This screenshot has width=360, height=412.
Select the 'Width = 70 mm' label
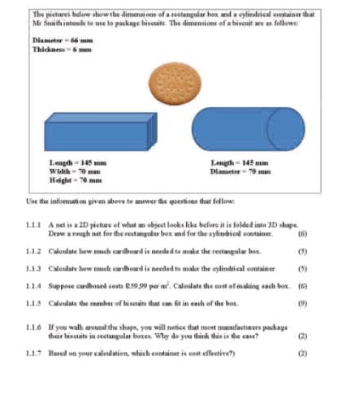click(x=74, y=171)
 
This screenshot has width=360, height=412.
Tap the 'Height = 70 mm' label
click(x=75, y=179)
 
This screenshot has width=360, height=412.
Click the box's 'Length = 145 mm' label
click(x=77, y=164)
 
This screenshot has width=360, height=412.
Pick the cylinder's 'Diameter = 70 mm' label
click(x=238, y=171)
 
